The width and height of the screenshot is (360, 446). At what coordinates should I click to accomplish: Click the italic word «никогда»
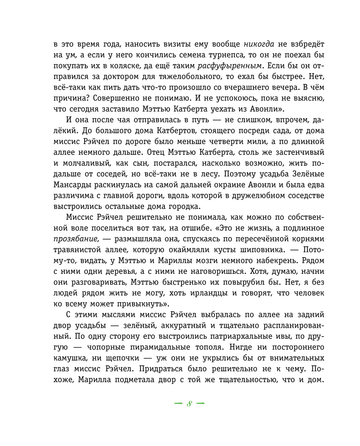tap(259, 44)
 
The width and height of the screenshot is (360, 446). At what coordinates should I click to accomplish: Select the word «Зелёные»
tap(309, 174)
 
